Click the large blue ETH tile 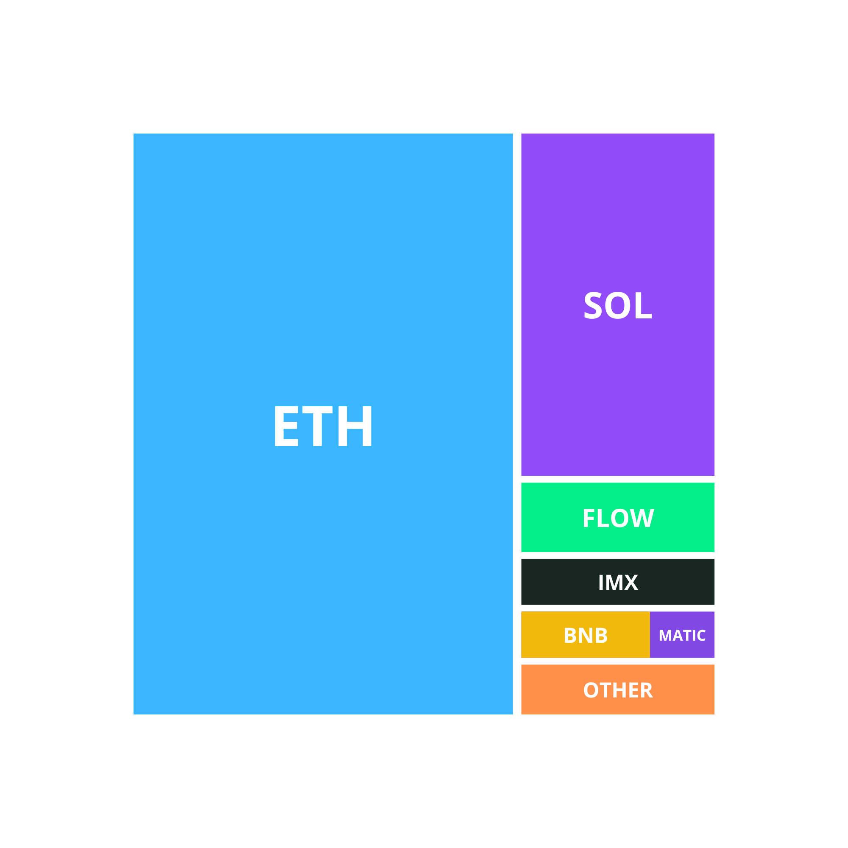[x=323, y=424]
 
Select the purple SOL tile [x=618, y=304]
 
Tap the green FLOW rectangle [x=618, y=517]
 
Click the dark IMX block [x=618, y=582]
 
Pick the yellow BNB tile [x=586, y=635]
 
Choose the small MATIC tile [x=682, y=635]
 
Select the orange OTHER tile [x=618, y=689]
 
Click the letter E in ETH [x=287, y=426]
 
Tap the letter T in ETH [x=317, y=426]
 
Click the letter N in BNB [x=586, y=635]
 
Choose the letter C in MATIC [x=701, y=635]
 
